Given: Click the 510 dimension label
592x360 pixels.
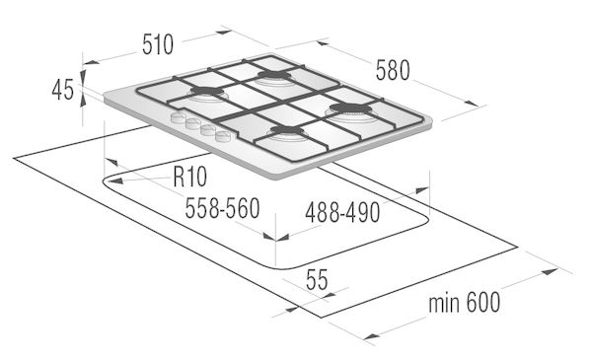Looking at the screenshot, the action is (158, 44).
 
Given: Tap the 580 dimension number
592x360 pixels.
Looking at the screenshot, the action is (393, 71).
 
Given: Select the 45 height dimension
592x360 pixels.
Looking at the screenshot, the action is (63, 90).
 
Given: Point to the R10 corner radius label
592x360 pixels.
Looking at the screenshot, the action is (189, 177).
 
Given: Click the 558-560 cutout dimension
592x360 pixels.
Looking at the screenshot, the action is (222, 207).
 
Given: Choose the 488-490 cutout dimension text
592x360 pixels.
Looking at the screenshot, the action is (342, 212).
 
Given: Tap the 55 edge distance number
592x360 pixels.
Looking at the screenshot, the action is (317, 280).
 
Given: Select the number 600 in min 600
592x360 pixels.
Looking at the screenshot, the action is (482, 302).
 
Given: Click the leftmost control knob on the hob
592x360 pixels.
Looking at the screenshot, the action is (178, 117).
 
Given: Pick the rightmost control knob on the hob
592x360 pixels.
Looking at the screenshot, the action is (222, 135).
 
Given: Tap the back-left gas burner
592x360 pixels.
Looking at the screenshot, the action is (206, 94).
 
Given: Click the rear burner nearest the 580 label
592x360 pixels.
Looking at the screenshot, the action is (273, 76).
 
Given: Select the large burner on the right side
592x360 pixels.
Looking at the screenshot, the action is (350, 111).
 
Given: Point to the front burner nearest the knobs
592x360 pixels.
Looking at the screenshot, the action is (286, 132).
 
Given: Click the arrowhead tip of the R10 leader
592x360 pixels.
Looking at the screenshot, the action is (107, 181).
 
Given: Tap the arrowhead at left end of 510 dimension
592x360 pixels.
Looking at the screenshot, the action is (83, 63).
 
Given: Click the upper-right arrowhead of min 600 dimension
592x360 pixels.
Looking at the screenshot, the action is (557, 269).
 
